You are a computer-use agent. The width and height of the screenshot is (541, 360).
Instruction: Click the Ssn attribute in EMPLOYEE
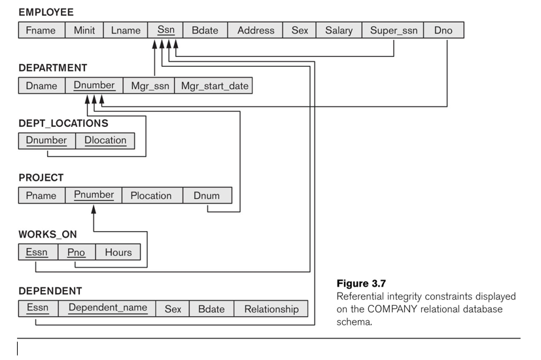pos(166,30)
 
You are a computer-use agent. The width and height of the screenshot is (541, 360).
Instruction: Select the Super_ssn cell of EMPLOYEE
pos(393,30)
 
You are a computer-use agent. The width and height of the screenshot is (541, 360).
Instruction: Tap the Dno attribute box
pos(444,30)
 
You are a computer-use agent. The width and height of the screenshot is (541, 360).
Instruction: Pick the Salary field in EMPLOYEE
pos(339,30)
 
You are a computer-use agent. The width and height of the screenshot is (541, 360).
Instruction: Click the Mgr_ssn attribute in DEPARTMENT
pos(149,86)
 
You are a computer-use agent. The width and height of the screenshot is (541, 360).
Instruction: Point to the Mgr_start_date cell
pos(213,86)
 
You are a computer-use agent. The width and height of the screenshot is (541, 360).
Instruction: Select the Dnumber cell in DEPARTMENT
pos(94,86)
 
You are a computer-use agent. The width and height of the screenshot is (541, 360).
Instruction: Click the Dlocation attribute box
pos(105,141)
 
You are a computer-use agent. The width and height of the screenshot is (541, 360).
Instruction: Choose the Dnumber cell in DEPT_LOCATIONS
pos(47,141)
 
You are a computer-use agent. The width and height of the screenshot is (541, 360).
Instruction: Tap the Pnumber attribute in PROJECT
pos(94,195)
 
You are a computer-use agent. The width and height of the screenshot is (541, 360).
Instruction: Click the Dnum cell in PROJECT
pos(207,195)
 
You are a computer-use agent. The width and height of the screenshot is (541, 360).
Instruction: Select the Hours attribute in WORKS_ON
pos(118,252)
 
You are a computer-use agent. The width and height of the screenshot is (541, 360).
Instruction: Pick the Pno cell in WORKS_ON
pos(77,252)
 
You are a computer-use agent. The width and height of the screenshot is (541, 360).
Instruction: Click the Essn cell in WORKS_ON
pos(39,252)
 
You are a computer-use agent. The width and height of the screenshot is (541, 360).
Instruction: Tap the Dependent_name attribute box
pos(107,308)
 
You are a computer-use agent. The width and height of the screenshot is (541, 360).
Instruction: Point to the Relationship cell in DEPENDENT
pos(271,308)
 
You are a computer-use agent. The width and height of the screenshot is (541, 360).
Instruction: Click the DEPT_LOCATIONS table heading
pos(63,123)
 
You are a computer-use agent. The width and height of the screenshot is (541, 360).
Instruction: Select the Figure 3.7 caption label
pos(361,283)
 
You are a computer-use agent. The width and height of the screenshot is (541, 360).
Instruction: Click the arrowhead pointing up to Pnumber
pos(94,209)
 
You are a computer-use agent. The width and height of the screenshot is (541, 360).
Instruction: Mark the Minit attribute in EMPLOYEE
pos(84,30)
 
